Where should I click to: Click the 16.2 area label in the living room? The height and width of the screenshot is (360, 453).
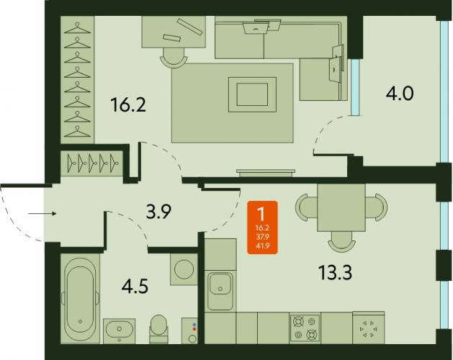128,105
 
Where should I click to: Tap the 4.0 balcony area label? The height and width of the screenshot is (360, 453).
400,94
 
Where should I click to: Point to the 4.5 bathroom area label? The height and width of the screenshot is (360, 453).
135,287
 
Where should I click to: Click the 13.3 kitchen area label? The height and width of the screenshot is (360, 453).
335,273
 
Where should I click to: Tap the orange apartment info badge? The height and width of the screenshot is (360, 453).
262,228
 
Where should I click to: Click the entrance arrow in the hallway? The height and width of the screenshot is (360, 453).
42,214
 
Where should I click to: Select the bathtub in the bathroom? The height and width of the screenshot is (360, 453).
81,299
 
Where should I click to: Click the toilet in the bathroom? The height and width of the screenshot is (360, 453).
158,329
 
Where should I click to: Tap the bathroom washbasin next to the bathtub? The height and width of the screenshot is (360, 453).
120,331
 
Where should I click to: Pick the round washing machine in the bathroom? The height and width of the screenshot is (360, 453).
184,269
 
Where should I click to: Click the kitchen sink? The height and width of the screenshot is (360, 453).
220,291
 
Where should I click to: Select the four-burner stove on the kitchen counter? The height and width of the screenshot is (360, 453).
305,328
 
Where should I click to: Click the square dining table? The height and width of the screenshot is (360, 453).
341,208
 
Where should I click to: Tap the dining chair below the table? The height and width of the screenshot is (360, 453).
341,241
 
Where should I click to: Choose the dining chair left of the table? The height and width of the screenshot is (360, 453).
306,208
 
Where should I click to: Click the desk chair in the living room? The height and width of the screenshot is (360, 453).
174,58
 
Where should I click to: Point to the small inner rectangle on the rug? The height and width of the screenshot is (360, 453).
252,94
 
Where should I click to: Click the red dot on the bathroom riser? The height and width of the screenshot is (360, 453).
194,329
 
